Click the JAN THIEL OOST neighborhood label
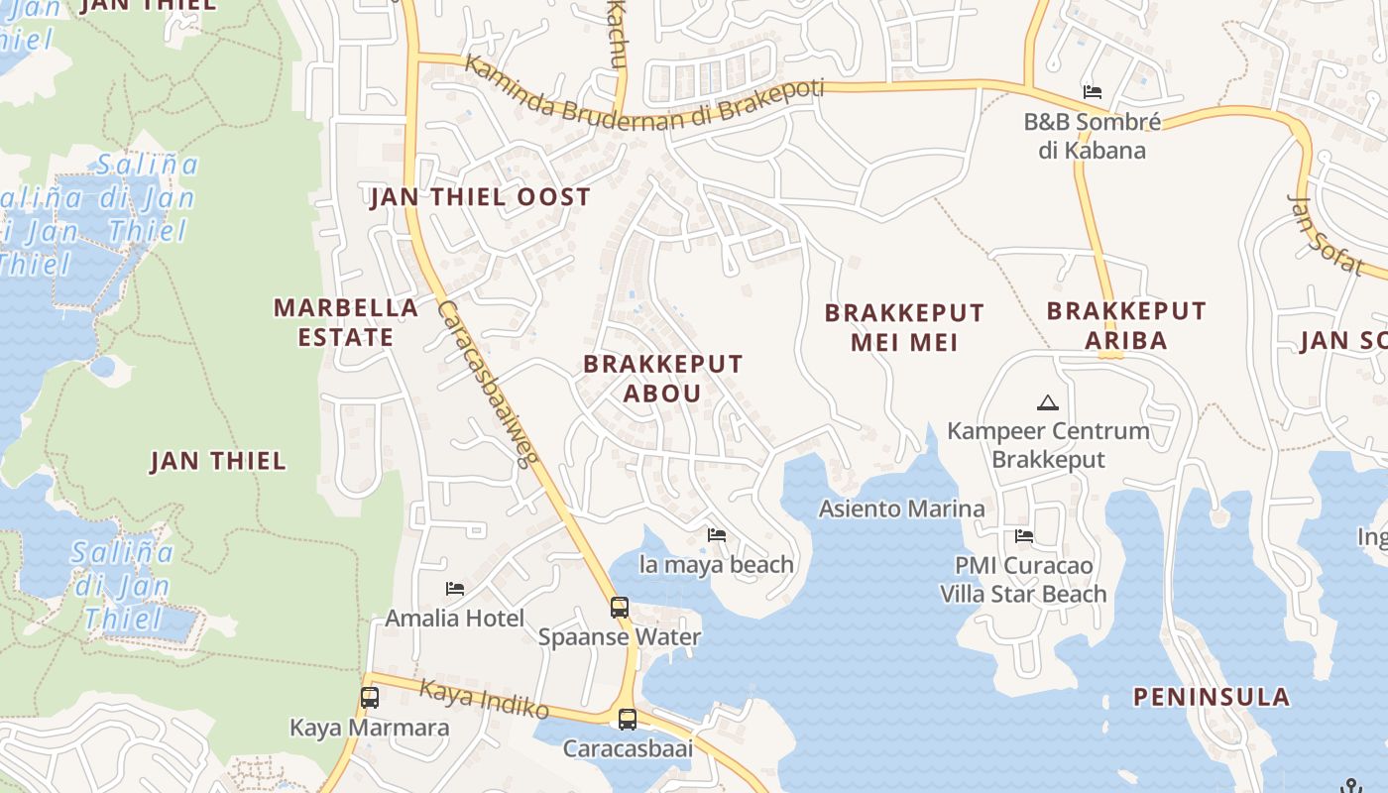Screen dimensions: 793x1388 tap(480, 197)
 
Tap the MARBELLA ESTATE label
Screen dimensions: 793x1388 tap(346, 322)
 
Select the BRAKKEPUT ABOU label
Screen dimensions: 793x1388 tap(662, 378)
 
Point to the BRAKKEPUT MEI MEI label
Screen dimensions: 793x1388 tap(904, 327)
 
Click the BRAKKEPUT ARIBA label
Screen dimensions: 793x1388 tap(1126, 325)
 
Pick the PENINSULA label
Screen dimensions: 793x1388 tap(1212, 697)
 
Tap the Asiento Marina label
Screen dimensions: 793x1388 tap(901, 510)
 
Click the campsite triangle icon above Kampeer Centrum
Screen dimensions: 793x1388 tap(1047, 402)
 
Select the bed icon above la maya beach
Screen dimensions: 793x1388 tap(717, 535)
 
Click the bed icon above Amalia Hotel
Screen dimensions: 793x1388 tap(455, 589)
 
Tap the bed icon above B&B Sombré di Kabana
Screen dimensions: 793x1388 tap(1093, 92)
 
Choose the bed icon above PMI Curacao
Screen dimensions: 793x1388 tap(1024, 536)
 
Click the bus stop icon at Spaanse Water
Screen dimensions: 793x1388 tap(620, 607)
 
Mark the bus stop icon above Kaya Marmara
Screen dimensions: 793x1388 tap(370, 697)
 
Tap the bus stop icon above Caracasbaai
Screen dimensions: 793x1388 tap(627, 719)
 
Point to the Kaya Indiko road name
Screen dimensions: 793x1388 tap(484, 699)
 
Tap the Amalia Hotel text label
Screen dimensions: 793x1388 tap(455, 619)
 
